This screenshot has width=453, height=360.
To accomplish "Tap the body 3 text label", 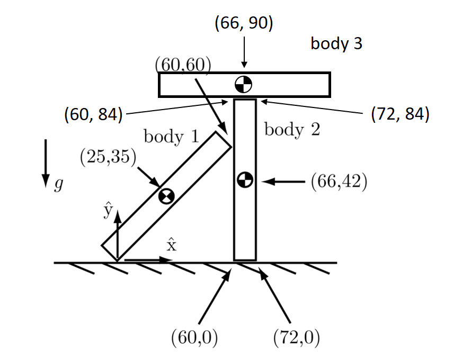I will pos(336,43).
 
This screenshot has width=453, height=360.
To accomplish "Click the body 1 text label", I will pos(171,137).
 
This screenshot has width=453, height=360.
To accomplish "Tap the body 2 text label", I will pos(292,129).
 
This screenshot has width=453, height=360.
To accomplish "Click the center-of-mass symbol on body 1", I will pos(166,196).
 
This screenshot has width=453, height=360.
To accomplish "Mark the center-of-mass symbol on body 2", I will pos(244,180).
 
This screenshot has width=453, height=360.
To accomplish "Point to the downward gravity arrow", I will pos(46,164).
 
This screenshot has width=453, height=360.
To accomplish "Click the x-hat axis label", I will pos(171,245).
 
